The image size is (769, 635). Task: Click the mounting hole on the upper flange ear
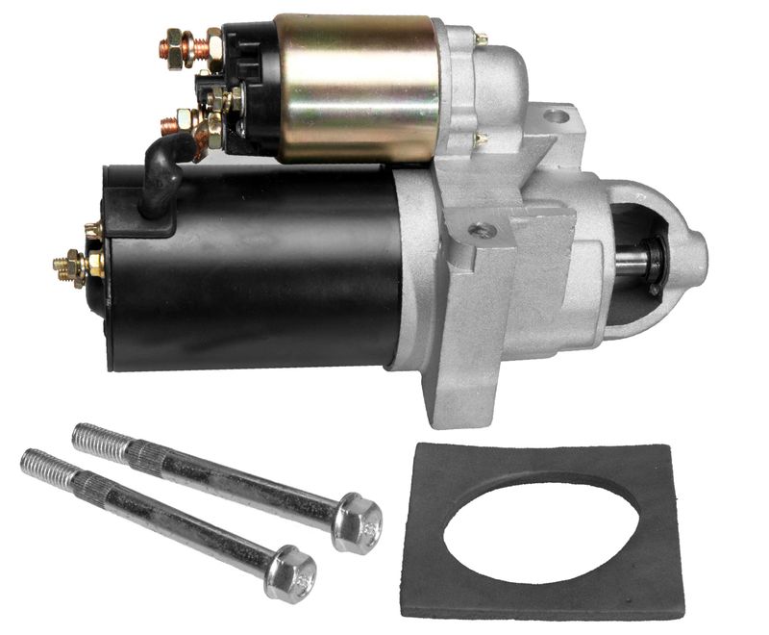pos(556,116)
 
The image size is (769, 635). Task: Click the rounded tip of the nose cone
pos(700,252)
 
